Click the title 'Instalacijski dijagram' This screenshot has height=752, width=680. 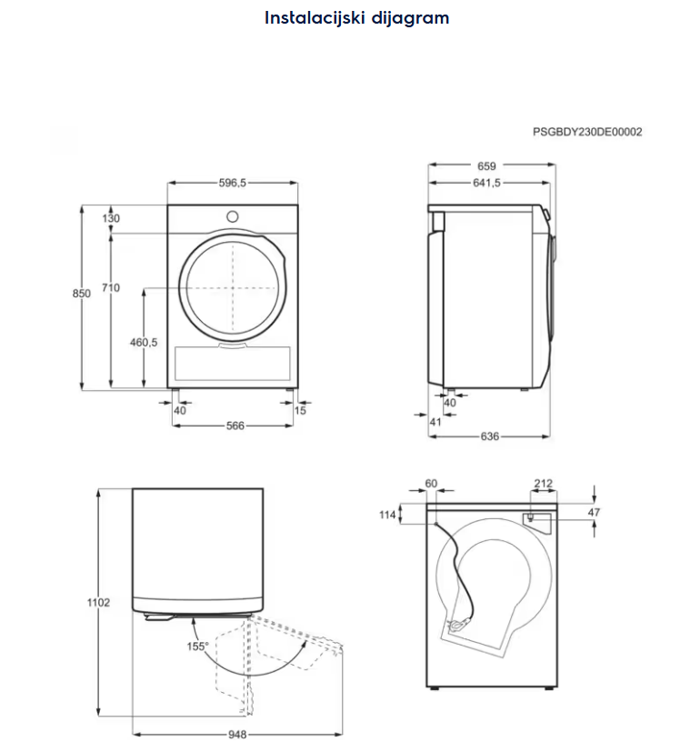(356, 17)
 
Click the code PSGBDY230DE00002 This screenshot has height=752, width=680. (587, 132)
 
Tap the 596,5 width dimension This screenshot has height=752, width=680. (233, 183)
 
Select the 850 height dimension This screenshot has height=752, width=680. (82, 294)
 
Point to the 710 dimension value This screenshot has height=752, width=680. (110, 288)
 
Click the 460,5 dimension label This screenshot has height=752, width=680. (144, 343)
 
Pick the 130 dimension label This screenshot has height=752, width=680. (111, 218)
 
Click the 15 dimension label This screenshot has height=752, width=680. (301, 410)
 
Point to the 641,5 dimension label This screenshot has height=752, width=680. (487, 183)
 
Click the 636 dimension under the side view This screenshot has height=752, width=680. (489, 436)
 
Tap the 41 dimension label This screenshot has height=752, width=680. (435, 422)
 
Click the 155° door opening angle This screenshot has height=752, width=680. (198, 647)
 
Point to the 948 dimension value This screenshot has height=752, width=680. (237, 736)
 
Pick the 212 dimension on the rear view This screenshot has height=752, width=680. (545, 484)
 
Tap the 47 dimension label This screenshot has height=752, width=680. (594, 513)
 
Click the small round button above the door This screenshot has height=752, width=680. (233, 216)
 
